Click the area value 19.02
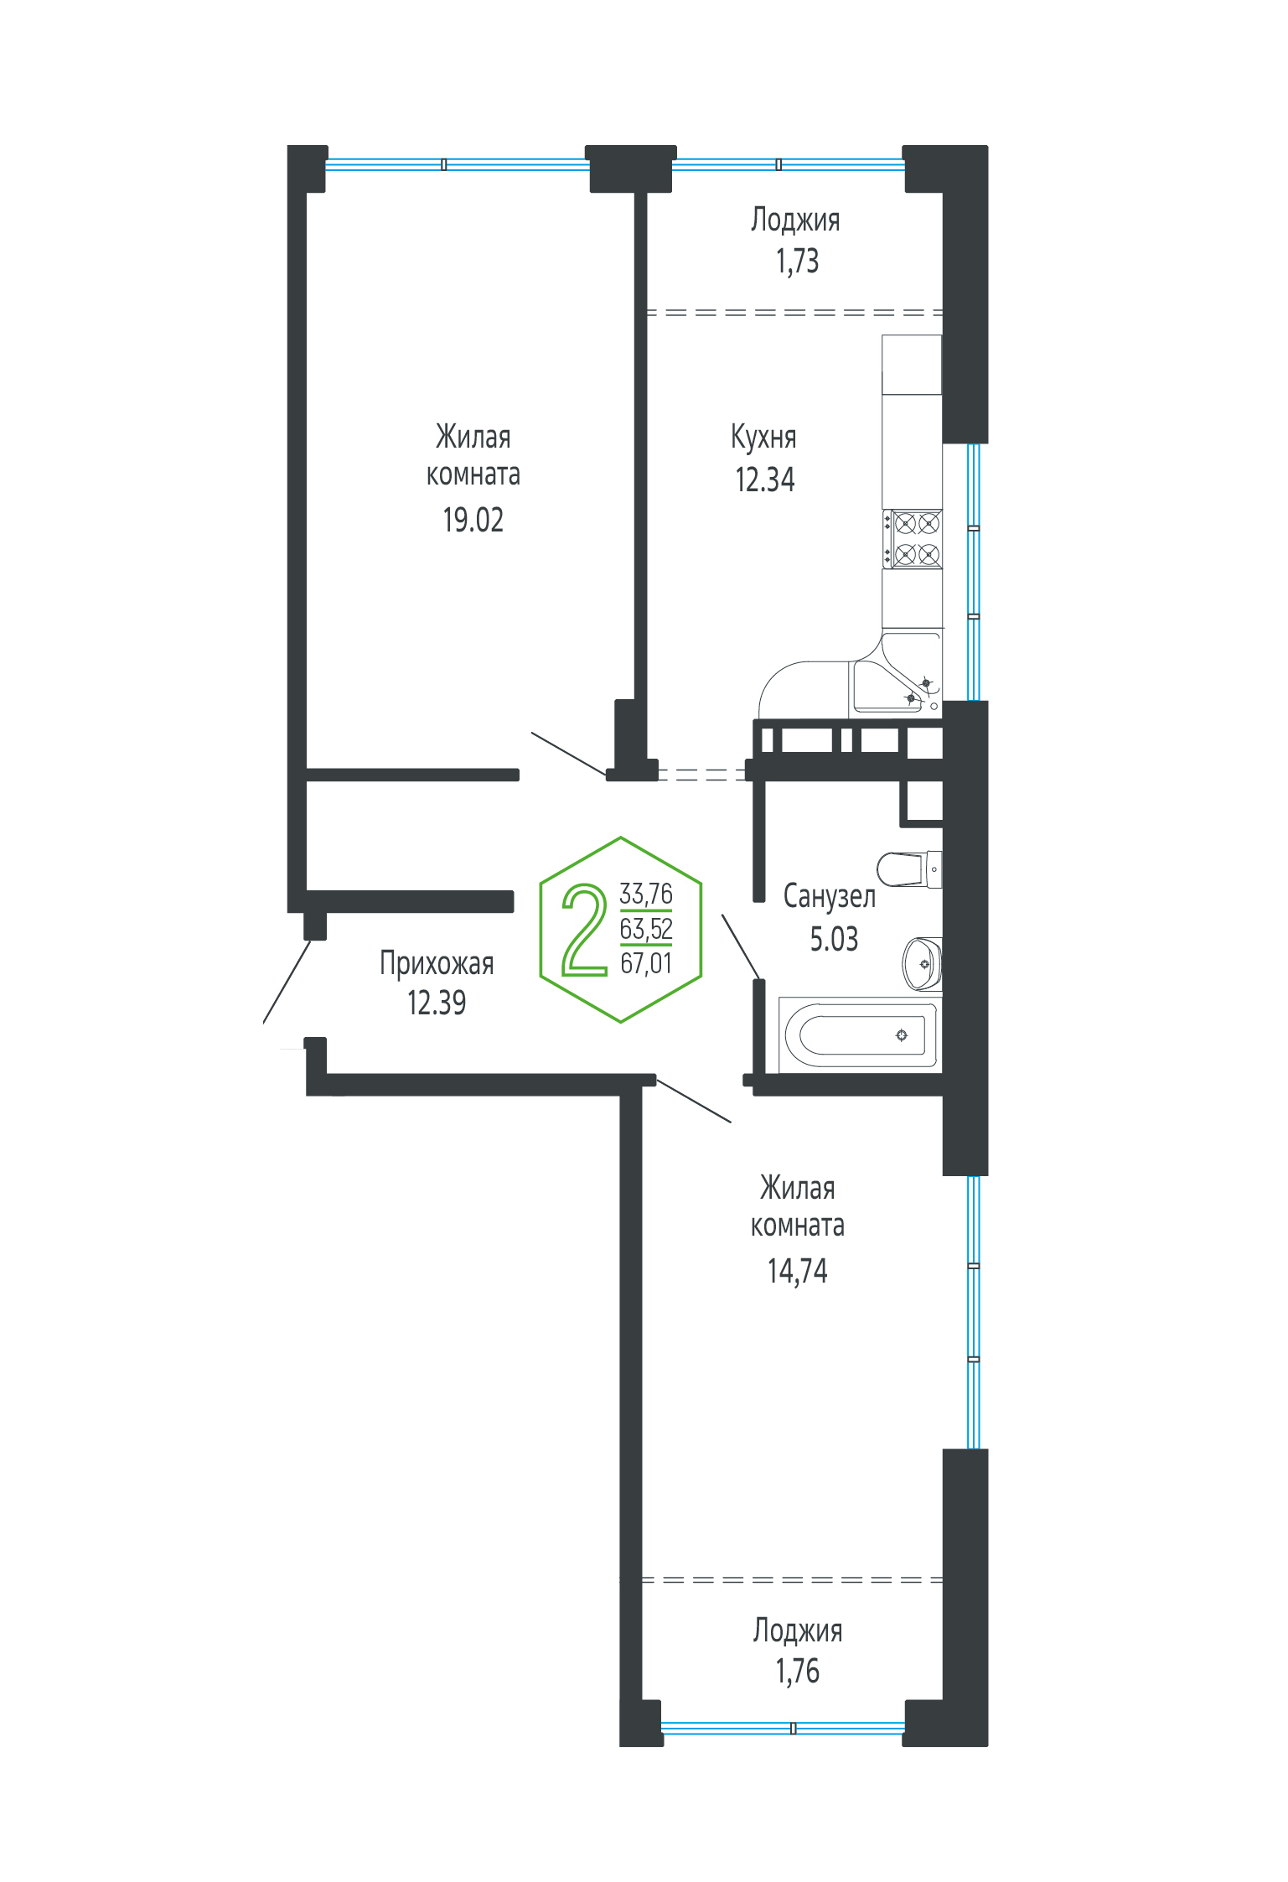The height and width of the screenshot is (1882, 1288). [x=473, y=520]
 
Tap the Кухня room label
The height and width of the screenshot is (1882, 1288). [x=763, y=437]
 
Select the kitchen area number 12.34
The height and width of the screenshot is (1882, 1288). [x=764, y=480]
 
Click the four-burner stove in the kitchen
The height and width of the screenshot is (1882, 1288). [x=912, y=538]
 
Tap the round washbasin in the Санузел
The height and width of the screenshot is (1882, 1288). [x=922, y=963]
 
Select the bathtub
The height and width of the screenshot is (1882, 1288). [x=860, y=1034]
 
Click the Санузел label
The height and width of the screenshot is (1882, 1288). [x=829, y=896]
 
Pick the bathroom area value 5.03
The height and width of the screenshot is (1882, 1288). [x=834, y=939]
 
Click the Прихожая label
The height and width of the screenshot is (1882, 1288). [x=437, y=963]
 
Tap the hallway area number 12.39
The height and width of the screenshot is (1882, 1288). [x=437, y=1003]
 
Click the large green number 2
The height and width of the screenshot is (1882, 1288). [x=585, y=930]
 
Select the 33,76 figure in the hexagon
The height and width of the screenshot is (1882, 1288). [x=645, y=894]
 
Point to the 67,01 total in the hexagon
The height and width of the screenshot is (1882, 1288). [x=645, y=963]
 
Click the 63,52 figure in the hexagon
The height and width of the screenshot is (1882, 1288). [x=645, y=929]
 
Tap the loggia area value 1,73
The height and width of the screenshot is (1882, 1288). [x=796, y=262]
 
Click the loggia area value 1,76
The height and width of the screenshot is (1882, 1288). [x=797, y=1671]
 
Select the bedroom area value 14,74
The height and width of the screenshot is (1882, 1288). [x=797, y=1271]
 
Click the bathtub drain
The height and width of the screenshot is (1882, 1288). [x=902, y=1035]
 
